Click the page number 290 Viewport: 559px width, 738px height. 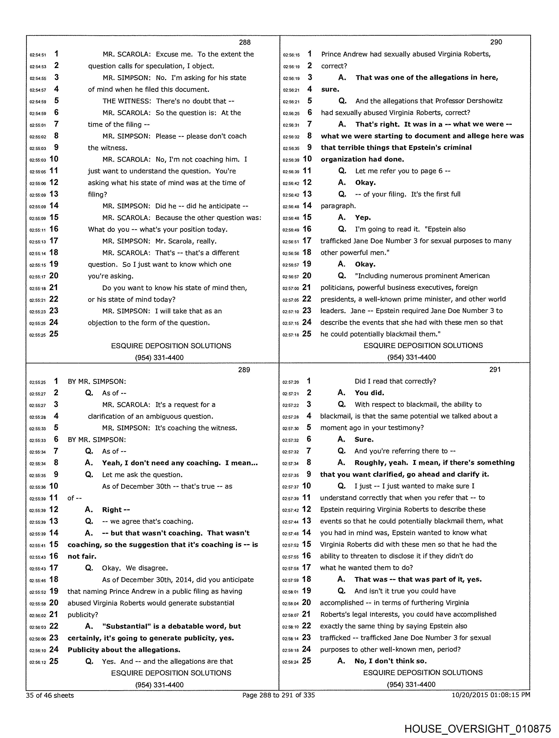pyautogui.click(x=496, y=42)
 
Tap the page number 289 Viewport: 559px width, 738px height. pyautogui.click(x=244, y=370)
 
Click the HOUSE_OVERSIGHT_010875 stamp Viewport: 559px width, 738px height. pyautogui.click(x=477, y=729)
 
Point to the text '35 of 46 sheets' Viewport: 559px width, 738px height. pyautogui.click(x=50, y=695)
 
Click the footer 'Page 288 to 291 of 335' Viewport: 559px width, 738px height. pyautogui.click(x=278, y=695)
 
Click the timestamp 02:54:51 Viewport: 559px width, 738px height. pyautogui.click(x=38, y=55)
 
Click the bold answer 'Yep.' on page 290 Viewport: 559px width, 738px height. pyautogui.click(x=363, y=218)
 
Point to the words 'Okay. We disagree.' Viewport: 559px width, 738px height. pyautogui.click(x=135, y=568)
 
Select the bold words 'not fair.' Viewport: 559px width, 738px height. pyautogui.click(x=82, y=556)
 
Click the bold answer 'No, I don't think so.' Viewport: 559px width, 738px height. pyautogui.click(x=390, y=661)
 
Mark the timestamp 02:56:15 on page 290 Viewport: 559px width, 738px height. pyautogui.click(x=291, y=55)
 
